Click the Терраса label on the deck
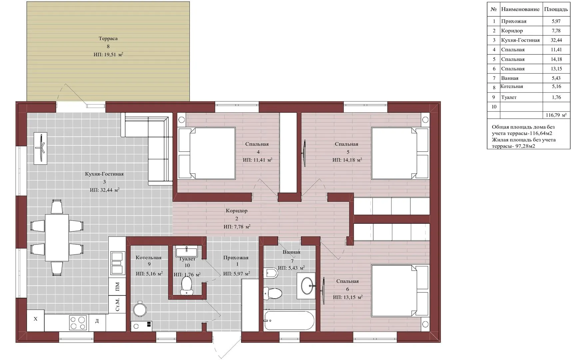point(108,39)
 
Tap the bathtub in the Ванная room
point(289,321)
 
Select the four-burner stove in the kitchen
point(78,323)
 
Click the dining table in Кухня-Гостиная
point(57,238)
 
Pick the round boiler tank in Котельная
point(140,309)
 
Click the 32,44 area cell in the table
point(556,40)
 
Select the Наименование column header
point(520,9)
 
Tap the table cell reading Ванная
point(510,78)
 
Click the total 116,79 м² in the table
point(556,115)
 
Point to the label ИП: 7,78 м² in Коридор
point(237,227)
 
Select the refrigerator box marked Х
point(35,320)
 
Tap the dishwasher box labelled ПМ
point(117,287)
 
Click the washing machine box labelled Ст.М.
point(117,304)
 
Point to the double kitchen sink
point(117,263)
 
